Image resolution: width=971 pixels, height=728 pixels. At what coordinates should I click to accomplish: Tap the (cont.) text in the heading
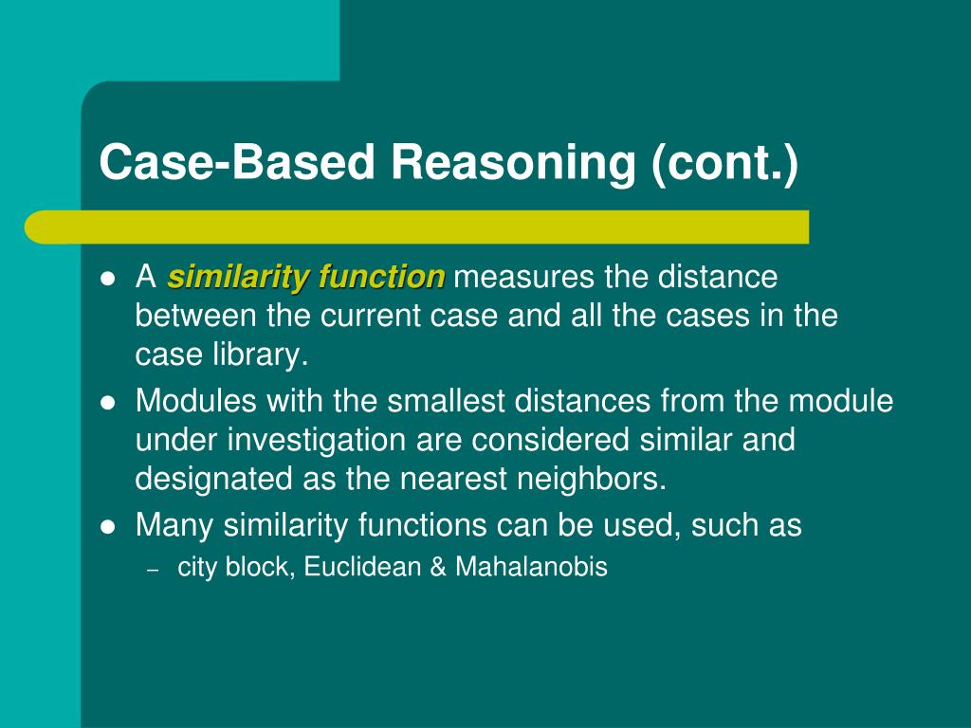[x=725, y=162]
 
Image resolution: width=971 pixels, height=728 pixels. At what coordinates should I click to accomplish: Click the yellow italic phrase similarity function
[x=306, y=278]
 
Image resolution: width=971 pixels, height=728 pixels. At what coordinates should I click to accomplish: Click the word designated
[x=214, y=479]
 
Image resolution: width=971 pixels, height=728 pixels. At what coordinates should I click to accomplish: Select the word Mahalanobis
[x=531, y=568]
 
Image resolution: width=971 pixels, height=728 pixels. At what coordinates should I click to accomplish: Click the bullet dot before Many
[x=108, y=526]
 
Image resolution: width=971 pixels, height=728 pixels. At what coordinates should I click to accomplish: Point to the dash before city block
[x=153, y=570]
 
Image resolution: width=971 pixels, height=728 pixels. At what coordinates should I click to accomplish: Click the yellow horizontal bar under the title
[x=417, y=227]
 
